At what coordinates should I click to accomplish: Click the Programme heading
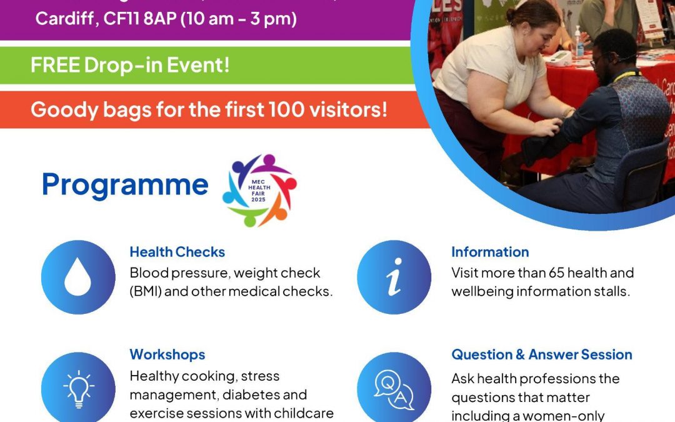(124, 184)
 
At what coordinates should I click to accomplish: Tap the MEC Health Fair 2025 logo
(259, 190)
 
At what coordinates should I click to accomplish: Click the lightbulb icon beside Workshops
(78, 388)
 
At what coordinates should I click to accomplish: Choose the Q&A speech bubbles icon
(394, 388)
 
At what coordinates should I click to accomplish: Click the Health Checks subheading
(177, 252)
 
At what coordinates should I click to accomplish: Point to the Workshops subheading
(167, 354)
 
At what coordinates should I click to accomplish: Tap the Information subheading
(490, 252)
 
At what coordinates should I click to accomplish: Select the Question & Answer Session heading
(541, 354)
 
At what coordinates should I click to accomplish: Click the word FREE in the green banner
(52, 64)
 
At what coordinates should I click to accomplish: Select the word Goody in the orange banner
(59, 109)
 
